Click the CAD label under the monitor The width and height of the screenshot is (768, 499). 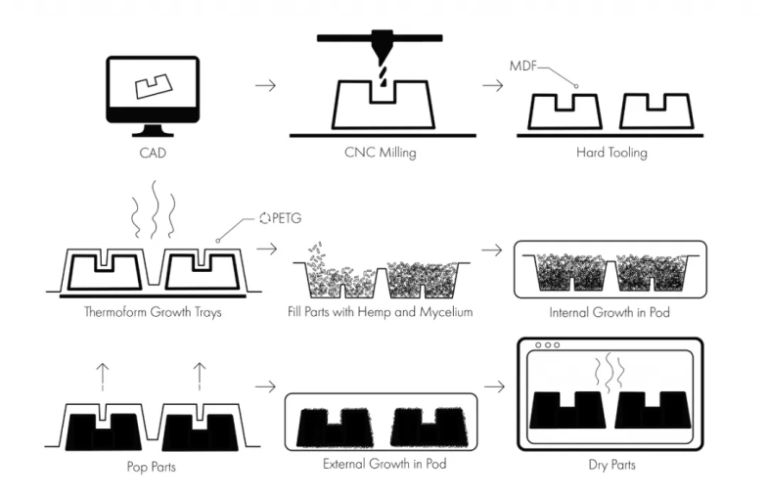[152, 154]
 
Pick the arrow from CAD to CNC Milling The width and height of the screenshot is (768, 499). [264, 85]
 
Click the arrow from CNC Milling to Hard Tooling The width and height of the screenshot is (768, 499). [493, 85]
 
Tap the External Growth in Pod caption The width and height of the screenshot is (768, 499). [384, 466]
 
